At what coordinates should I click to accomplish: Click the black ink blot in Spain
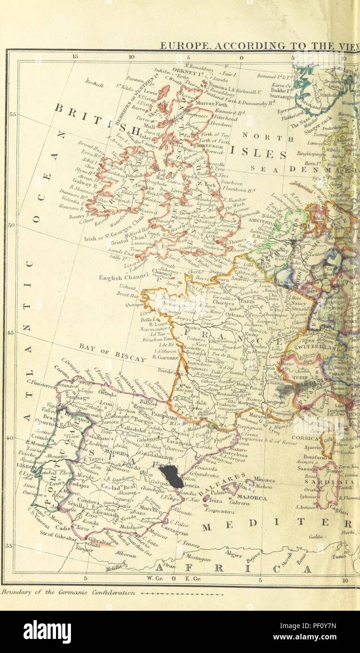pos(172,475)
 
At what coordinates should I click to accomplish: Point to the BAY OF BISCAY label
pos(113,352)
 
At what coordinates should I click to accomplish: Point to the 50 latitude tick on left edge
pos(13,225)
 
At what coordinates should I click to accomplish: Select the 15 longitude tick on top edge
pos(75,56)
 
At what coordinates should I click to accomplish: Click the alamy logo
pos(47,631)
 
